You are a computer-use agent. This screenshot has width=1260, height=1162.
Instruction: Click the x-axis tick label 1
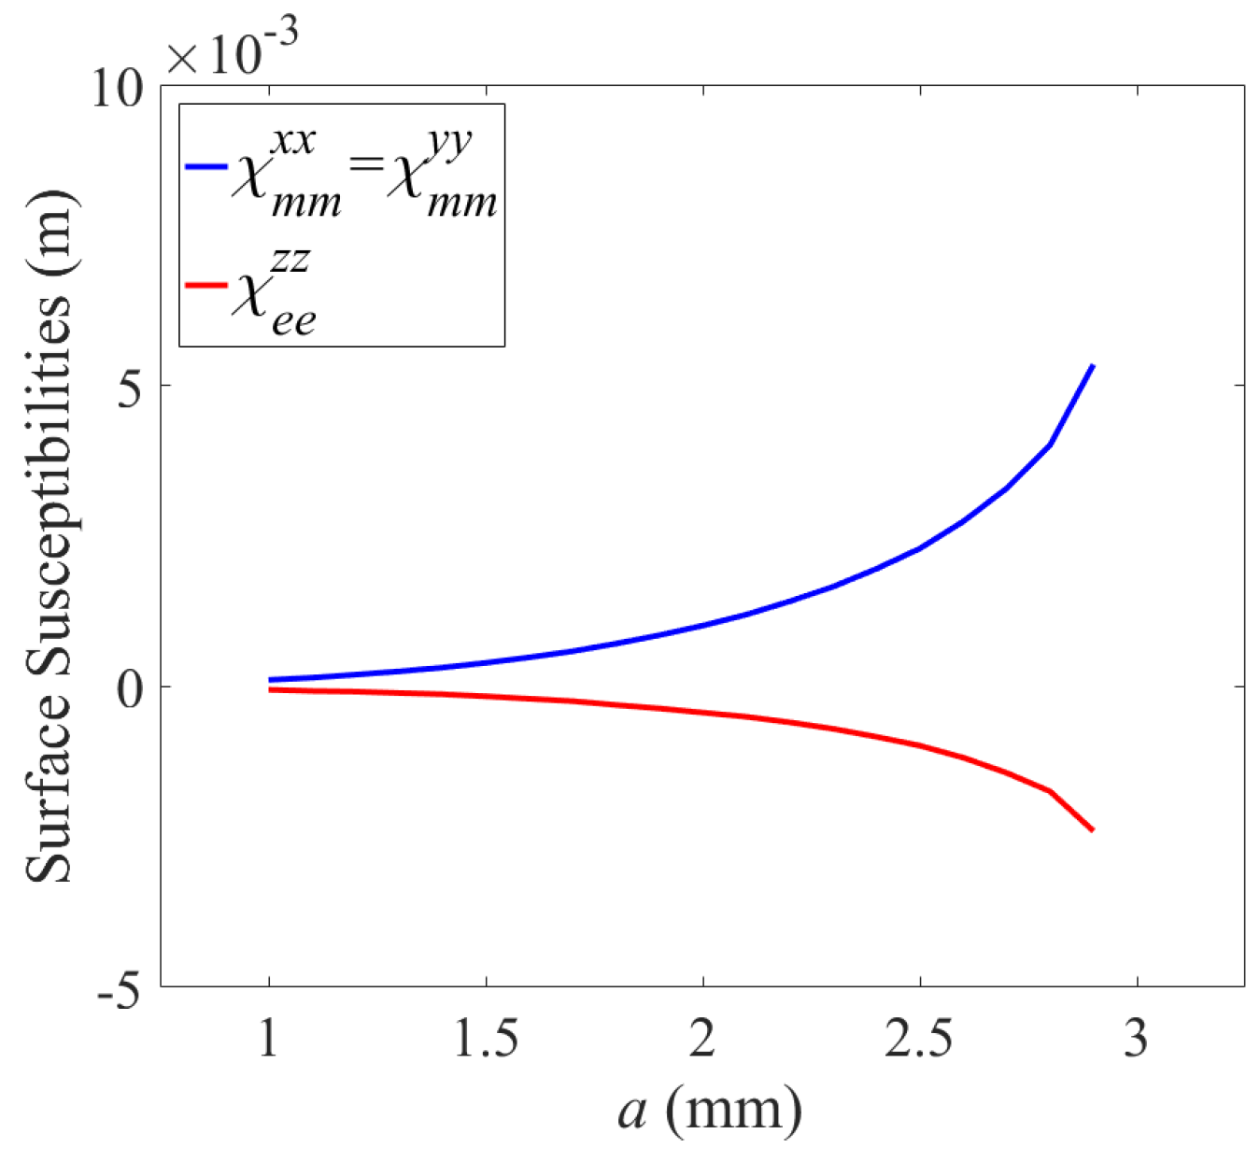(x=269, y=1038)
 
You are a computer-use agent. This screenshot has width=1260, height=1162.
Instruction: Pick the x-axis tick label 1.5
(x=486, y=1038)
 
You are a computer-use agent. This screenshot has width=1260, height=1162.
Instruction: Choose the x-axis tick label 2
(x=702, y=1038)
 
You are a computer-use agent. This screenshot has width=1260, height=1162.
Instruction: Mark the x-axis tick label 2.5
(x=919, y=1038)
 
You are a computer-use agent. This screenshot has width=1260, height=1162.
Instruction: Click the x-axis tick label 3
(x=1136, y=1038)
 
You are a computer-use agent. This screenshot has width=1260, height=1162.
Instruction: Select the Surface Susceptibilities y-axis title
(x=49, y=536)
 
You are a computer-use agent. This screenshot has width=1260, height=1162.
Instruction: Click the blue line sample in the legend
(x=206, y=167)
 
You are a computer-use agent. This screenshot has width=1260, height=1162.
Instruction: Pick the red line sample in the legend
(x=206, y=285)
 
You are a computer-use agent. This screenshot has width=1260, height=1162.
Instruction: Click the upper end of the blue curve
(x=1092, y=366)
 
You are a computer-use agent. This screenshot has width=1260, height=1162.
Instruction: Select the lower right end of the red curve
(x=1092, y=829)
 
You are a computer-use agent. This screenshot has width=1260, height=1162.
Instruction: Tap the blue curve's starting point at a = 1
(x=270, y=680)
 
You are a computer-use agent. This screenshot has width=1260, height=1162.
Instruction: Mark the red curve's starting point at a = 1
(x=270, y=689)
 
